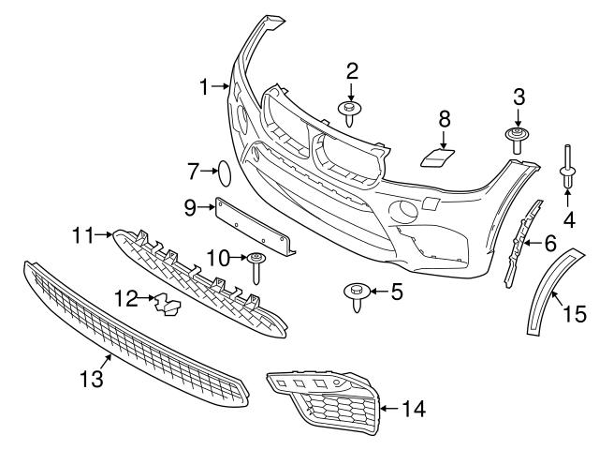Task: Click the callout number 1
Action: tap(205, 87)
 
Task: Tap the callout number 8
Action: tap(445, 118)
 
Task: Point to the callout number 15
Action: tap(575, 314)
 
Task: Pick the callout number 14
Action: tap(414, 408)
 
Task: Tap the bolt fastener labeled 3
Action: tap(516, 140)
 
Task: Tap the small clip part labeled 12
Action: tap(168, 303)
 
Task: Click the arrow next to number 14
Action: tap(390, 408)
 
